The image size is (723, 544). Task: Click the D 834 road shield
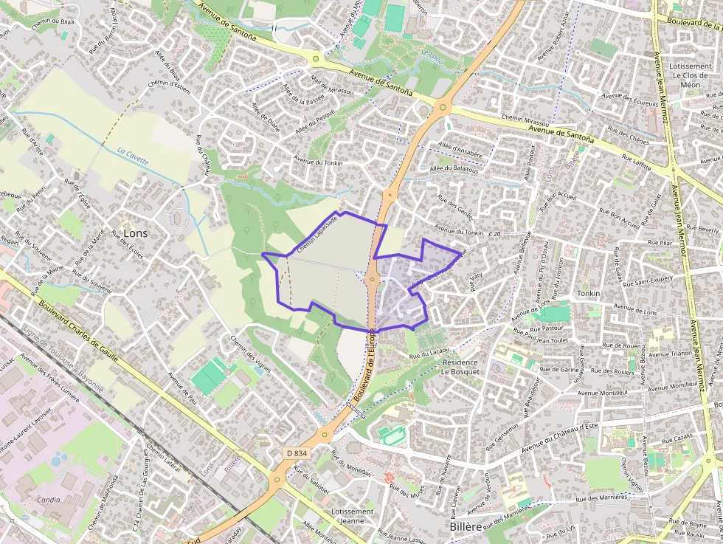click(297, 452)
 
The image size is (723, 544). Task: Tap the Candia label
click(48, 499)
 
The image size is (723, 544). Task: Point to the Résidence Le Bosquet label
click(460, 367)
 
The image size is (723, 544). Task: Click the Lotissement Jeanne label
click(352, 516)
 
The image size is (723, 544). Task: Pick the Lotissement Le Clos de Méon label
click(690, 75)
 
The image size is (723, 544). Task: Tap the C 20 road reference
click(494, 234)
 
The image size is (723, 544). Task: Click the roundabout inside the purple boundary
click(371, 279)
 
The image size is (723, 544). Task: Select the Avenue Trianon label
click(667, 354)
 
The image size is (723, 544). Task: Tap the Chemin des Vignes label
click(252, 351)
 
